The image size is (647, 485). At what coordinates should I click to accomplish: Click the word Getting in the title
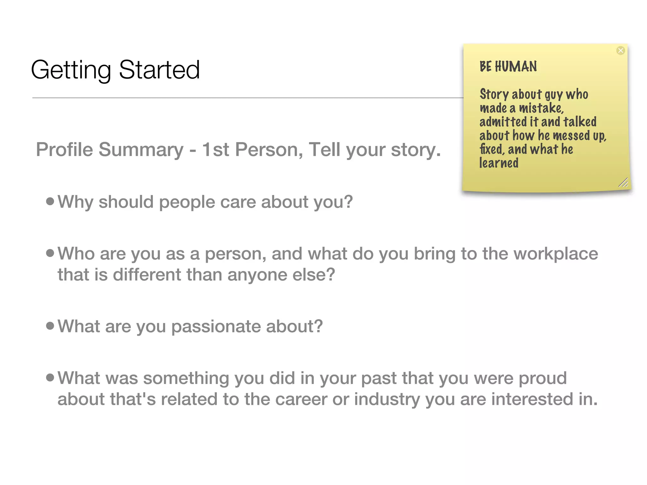[x=71, y=70]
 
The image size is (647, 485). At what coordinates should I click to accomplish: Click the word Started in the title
[x=159, y=70]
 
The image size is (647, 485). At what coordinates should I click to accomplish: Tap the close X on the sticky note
[x=620, y=51]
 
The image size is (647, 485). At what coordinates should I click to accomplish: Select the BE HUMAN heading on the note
[x=508, y=67]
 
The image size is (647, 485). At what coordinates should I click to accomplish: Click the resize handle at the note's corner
[x=623, y=183]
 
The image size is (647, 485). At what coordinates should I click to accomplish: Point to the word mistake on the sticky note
[x=541, y=108]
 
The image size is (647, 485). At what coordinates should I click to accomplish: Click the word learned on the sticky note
[x=499, y=163]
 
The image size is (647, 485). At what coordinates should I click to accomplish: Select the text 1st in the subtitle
[x=215, y=149]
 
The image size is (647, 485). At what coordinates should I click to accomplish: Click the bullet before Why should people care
[x=50, y=201]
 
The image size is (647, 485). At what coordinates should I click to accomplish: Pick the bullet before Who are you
[x=50, y=253]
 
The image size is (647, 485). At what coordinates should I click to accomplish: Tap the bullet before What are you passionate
[x=50, y=326]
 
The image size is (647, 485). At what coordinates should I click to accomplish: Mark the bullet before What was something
[x=50, y=377]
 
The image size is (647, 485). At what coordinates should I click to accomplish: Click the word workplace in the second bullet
[x=556, y=254]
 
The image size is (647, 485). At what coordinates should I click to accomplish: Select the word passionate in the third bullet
[x=216, y=326]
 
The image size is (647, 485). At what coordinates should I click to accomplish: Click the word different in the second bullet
[x=147, y=274]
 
